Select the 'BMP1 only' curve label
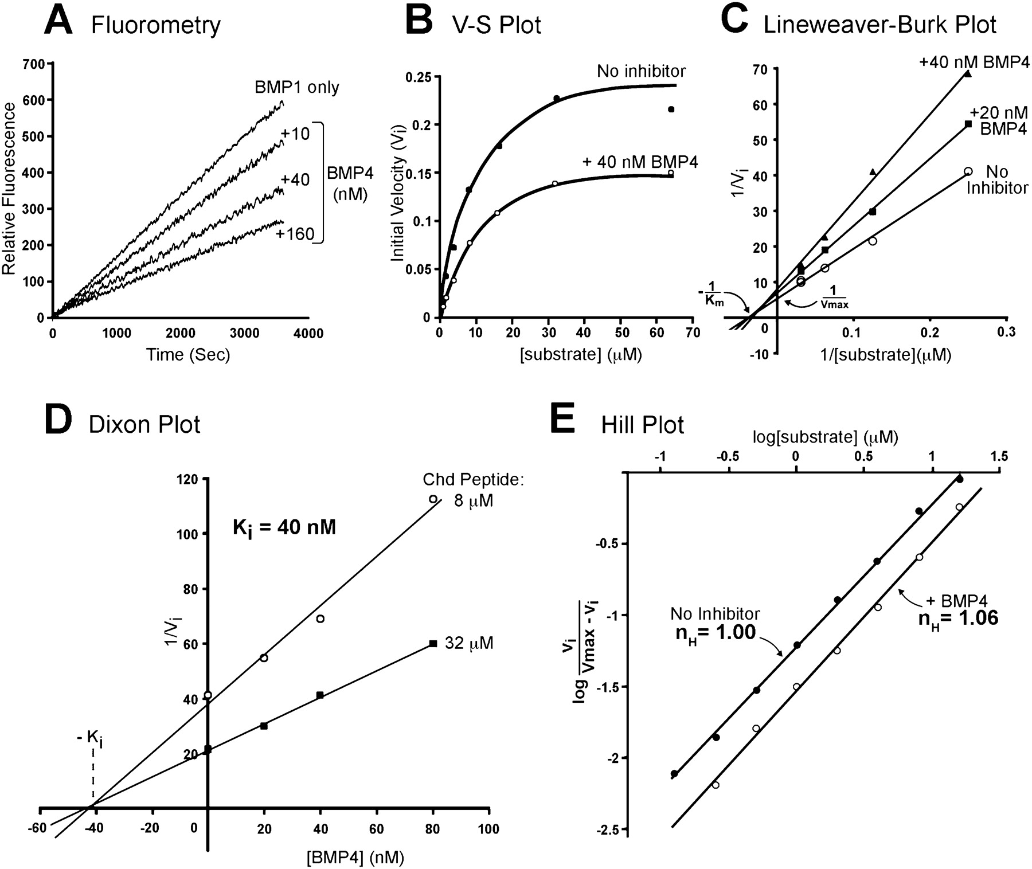297,87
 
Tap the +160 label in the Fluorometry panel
295,234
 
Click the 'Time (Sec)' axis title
188,355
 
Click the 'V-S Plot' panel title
497,25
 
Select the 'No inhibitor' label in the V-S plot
641,71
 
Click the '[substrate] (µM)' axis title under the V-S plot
580,355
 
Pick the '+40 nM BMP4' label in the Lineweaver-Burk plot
974,61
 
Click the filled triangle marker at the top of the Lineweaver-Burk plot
968,73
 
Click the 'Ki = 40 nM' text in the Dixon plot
284,527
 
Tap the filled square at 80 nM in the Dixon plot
433,644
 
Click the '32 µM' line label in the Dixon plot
469,644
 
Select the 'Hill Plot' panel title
642,425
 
